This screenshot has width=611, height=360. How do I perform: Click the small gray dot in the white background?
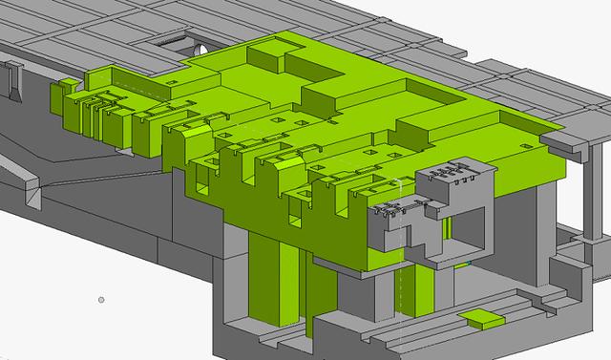point(102,300)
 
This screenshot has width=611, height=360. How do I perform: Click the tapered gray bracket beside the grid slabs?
point(15,80)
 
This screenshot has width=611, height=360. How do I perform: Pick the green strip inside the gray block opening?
point(446,229)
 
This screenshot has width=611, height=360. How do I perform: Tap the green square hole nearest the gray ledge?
point(527,140)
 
